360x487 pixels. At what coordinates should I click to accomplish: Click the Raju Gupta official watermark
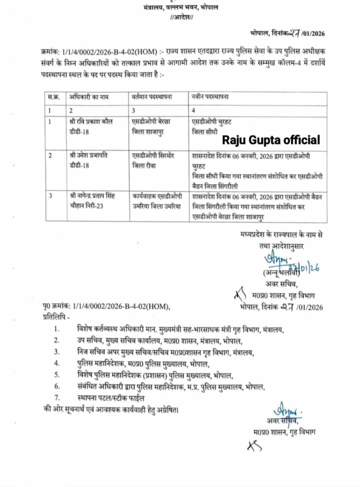coord(271,140)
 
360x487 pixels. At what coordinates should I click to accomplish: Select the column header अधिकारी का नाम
coord(89,97)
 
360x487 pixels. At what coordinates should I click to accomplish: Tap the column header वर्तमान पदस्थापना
coord(152,97)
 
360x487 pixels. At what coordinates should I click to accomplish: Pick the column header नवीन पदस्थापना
coord(210,97)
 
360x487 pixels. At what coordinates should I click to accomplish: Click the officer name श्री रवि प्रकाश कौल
coord(91,121)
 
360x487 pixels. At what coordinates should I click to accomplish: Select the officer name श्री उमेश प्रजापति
coord(89,155)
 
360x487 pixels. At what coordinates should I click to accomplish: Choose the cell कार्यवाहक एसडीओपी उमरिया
coord(157,201)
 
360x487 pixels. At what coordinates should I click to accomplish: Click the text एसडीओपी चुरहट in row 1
coord(211,122)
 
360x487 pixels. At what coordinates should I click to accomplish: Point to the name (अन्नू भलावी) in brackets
coord(282,273)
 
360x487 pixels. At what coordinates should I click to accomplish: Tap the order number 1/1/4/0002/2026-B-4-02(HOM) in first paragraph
coord(110,52)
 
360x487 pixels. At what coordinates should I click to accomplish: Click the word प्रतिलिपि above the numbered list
coord(55,317)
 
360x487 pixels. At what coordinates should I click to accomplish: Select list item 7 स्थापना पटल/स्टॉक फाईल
coord(111,398)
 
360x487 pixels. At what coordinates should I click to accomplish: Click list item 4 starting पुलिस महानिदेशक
coord(143,364)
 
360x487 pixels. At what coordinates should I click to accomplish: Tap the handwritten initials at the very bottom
coord(254,446)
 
